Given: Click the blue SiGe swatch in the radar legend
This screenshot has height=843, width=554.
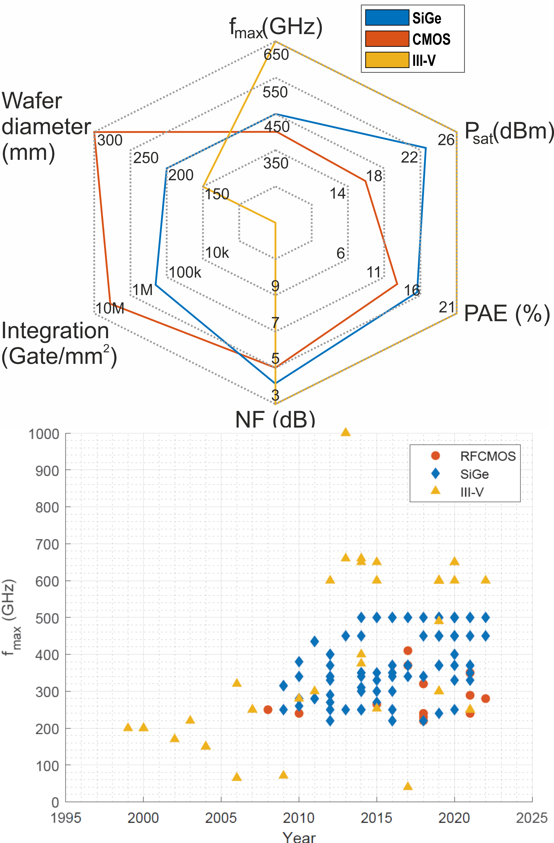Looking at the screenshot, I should (387, 18).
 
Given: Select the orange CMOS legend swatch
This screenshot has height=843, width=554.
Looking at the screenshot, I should (387, 39).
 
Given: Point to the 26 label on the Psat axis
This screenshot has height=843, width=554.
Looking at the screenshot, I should (446, 140).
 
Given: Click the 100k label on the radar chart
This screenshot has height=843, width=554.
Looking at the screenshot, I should (185, 272).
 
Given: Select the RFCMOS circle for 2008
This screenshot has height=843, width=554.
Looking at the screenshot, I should (268, 709).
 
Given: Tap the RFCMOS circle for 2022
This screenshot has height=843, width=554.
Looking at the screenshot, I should (485, 699).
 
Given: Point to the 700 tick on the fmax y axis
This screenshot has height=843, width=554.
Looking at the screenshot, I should (47, 544).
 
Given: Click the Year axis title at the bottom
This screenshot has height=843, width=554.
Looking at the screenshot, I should (299, 837).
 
